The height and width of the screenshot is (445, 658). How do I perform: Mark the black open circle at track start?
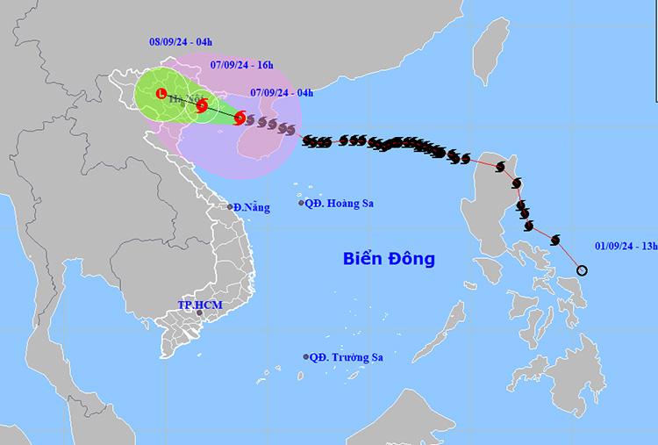click(x=583, y=269)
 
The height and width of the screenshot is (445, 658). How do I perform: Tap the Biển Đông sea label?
click(x=389, y=259)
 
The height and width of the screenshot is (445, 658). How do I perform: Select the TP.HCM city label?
click(x=200, y=305)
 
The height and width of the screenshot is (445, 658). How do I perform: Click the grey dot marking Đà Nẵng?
click(x=231, y=207)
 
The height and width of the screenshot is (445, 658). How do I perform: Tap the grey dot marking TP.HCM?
click(x=200, y=313)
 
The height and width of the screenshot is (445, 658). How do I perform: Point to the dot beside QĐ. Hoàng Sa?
click(x=302, y=204)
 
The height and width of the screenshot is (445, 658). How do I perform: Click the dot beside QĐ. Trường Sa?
click(x=306, y=357)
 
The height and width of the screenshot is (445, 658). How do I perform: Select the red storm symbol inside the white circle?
click(x=202, y=106)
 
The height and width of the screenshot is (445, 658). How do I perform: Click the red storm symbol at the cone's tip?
click(x=240, y=118)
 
